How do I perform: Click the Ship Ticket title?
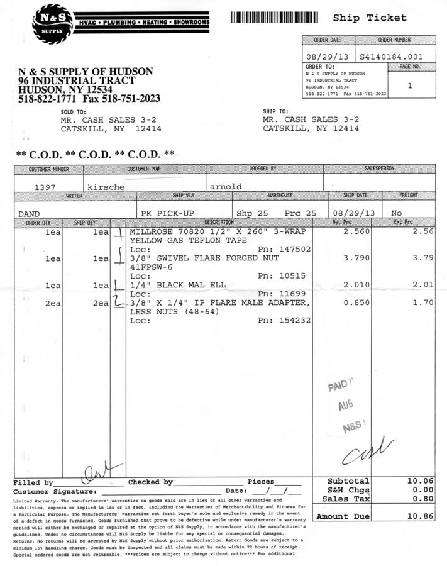click(x=370, y=18)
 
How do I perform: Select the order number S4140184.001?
click(x=391, y=57)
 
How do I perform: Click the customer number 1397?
click(x=45, y=187)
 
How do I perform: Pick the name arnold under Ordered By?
click(x=226, y=187)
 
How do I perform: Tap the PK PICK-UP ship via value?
click(x=168, y=213)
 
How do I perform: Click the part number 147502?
click(x=295, y=250)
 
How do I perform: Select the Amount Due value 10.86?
click(x=421, y=516)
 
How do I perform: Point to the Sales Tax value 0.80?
click(x=421, y=499)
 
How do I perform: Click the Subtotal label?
click(x=348, y=481)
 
